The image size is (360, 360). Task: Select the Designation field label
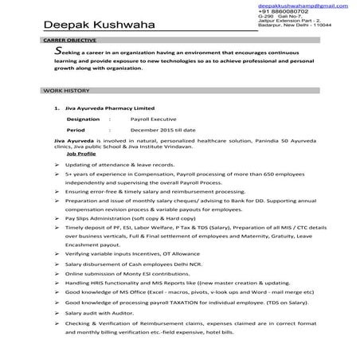tap(84, 117)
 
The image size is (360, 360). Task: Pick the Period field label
tap(76, 127)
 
